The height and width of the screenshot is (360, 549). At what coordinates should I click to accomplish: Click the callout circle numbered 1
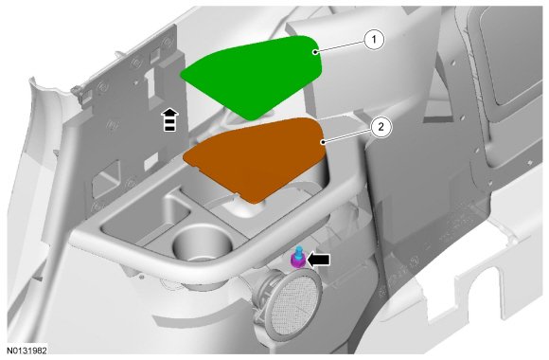374,40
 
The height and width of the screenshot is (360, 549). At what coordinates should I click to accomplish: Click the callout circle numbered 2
381,127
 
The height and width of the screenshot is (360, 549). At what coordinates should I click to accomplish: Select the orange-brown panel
256,158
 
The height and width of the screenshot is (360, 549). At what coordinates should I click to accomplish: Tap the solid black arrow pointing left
318,260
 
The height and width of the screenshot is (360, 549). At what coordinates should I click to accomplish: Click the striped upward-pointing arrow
169,119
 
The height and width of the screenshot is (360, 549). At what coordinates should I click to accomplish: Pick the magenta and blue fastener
298,258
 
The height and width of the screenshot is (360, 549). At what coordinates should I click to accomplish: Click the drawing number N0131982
27,351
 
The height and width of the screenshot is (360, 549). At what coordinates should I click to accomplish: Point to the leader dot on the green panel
315,52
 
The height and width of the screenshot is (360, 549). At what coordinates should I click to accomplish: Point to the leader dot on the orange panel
323,142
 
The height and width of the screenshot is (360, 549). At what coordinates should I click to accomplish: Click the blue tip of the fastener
299,250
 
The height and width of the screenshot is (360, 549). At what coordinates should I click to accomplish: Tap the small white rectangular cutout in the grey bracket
151,162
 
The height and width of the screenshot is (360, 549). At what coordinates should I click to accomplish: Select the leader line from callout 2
347,135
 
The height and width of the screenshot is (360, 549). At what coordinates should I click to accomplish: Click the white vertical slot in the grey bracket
151,82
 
